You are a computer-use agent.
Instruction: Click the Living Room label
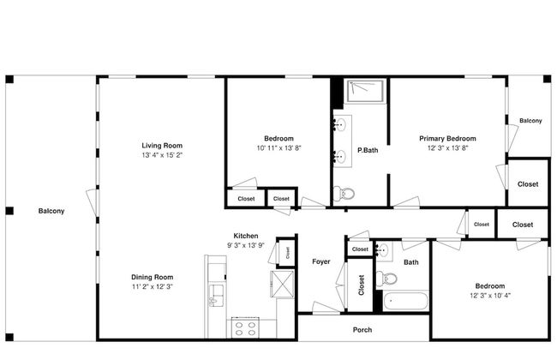tap(162, 146)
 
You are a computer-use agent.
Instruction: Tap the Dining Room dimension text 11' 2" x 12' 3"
tap(153, 287)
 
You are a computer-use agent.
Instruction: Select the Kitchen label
tap(246, 236)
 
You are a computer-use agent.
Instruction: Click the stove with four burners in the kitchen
tap(246, 326)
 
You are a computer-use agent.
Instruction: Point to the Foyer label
tap(320, 261)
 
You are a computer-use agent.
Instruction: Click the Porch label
tap(362, 329)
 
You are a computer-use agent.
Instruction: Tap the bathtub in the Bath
tap(406, 302)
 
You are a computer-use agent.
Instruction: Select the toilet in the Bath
tap(388, 279)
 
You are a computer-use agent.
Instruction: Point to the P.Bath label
tap(367, 151)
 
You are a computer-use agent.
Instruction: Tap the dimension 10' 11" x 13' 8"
tap(279, 148)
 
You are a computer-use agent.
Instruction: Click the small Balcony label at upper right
tap(530, 121)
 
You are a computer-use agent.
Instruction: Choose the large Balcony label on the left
tap(51, 211)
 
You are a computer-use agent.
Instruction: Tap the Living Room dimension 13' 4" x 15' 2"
tap(162, 156)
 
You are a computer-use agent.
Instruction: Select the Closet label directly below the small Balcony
tap(528, 183)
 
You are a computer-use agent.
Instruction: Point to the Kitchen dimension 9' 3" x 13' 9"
tap(246, 246)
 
